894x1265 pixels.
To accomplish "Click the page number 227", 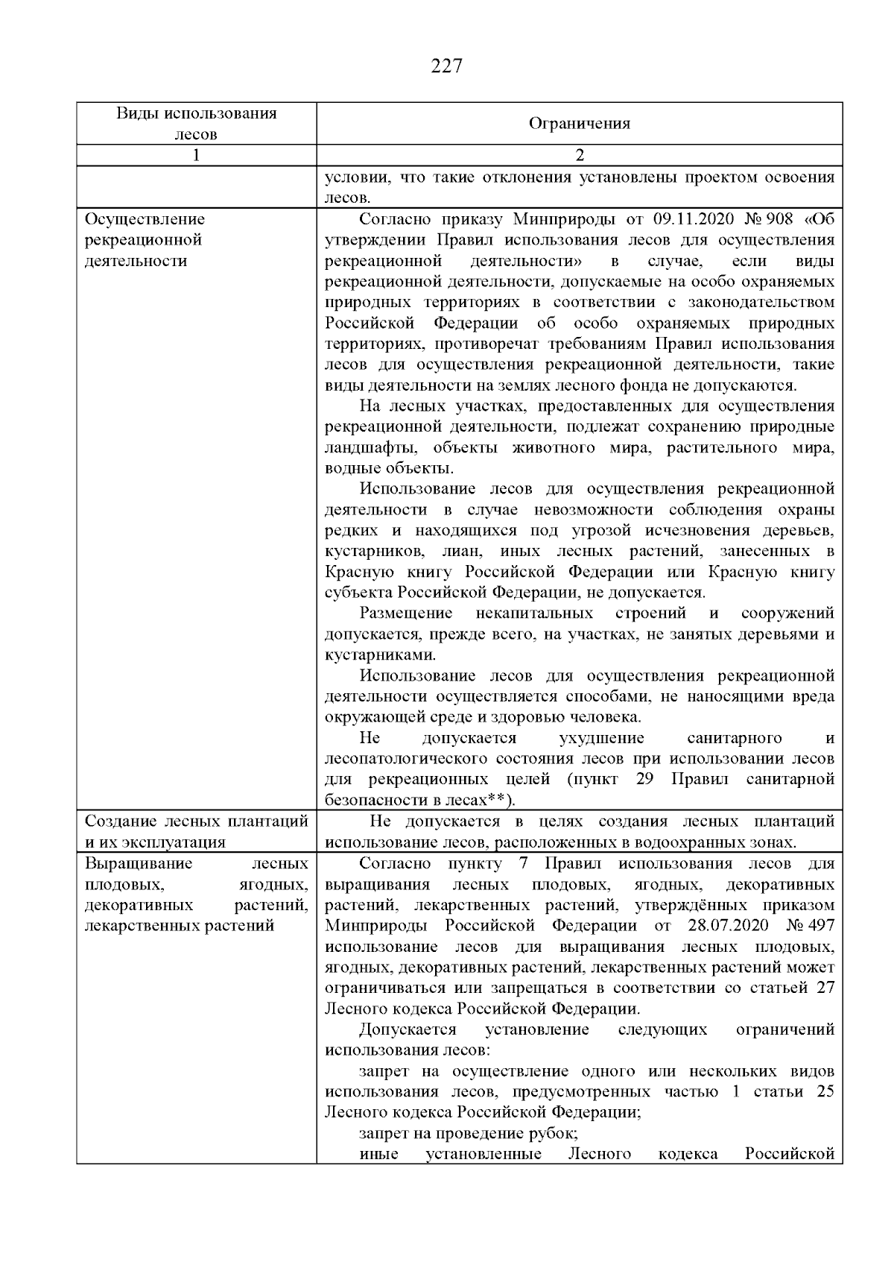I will [x=447, y=67].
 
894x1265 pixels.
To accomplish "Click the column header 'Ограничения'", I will [x=579, y=124].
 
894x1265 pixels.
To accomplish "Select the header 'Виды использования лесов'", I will [x=196, y=124].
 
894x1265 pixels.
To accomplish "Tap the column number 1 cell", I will [x=196, y=155].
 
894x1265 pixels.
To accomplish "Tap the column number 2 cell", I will [x=580, y=155].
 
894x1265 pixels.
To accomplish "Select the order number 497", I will [x=820, y=926].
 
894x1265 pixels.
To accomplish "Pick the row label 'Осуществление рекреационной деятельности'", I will [x=145, y=240].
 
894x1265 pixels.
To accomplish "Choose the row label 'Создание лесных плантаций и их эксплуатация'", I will [x=196, y=832].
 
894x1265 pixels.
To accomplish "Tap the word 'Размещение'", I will [x=406, y=613].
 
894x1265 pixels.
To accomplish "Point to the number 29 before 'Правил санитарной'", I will [x=644, y=780].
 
